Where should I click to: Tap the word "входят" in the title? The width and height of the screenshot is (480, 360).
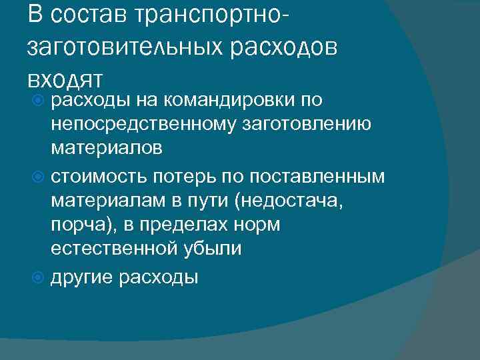[65, 78]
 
